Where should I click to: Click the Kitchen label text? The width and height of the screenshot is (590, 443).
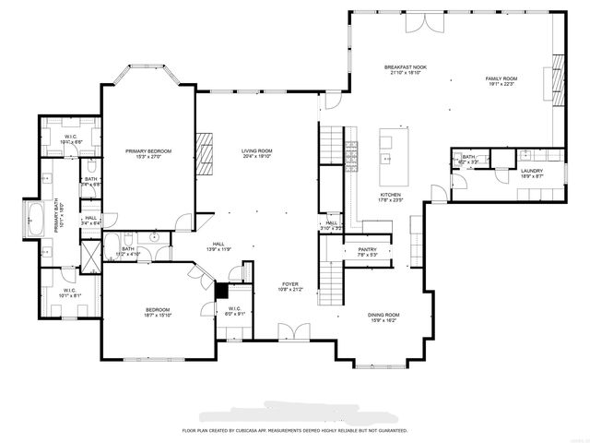click(x=391, y=196)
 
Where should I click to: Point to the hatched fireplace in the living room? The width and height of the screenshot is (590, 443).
click(x=204, y=153)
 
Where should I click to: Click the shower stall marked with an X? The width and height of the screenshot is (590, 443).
click(x=90, y=254)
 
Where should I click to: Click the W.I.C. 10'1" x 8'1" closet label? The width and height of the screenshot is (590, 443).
click(x=70, y=293)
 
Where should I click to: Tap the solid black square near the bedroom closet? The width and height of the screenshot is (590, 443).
click(x=220, y=288)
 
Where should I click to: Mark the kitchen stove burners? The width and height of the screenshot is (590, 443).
click(x=350, y=156)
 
